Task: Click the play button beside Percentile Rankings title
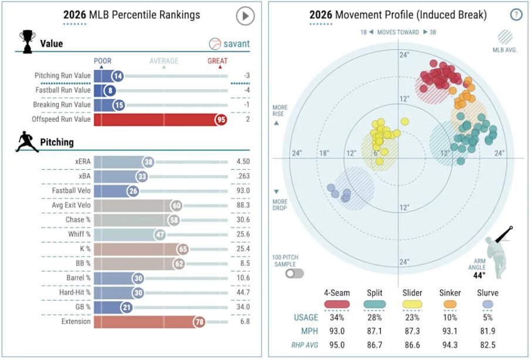pos(245,16)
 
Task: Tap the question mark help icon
pos(516,15)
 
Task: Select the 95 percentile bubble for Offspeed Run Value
pos(221,119)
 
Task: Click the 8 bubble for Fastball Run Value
pos(110,90)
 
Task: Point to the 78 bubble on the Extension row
pos(199,321)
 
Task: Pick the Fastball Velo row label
pos(66,191)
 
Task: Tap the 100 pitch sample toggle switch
pos(295,273)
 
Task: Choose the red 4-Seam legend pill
pos(337,304)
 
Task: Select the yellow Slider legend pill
pos(412,304)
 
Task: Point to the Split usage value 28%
pos(375,318)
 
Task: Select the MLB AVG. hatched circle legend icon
pos(505,38)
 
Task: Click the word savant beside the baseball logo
pos(238,43)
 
